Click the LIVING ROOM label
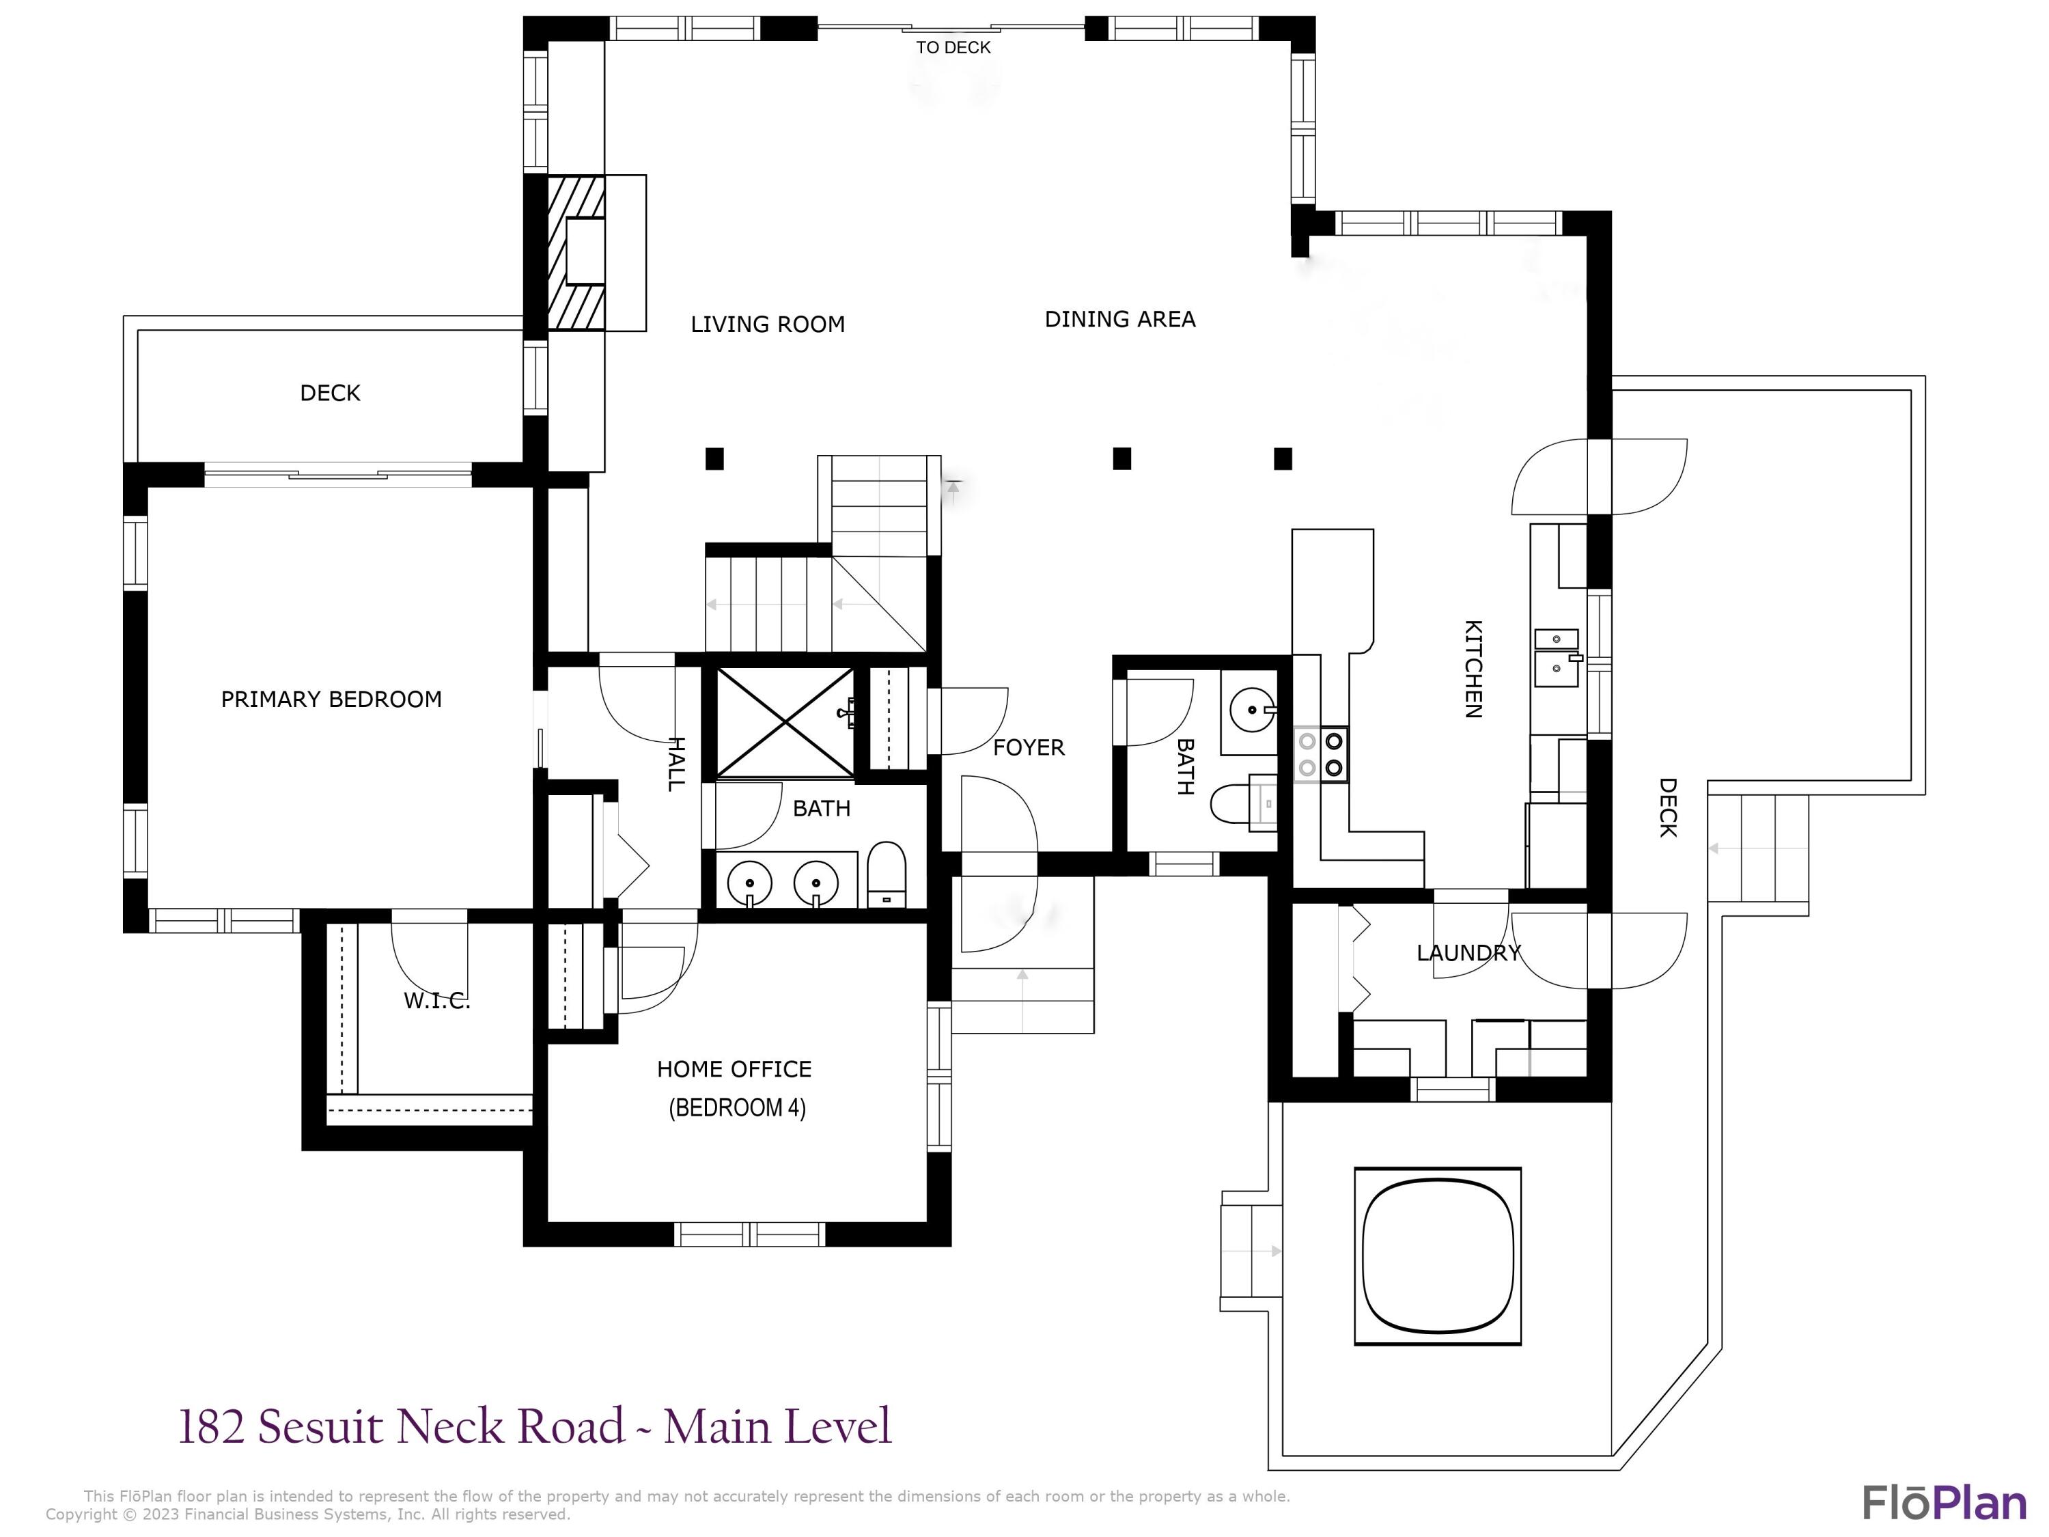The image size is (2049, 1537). click(768, 324)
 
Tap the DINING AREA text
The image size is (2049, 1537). click(1120, 320)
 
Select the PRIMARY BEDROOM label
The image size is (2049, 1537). click(331, 700)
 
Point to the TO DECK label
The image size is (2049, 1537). click(953, 47)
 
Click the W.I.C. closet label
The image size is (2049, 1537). click(436, 1001)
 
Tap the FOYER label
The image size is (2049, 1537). click(1028, 747)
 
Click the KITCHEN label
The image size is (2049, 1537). click(1473, 669)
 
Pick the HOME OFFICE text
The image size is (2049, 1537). click(734, 1069)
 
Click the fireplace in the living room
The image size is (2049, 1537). click(577, 252)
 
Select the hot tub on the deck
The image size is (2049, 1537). click(1438, 1256)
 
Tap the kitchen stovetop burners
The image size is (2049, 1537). click(1321, 754)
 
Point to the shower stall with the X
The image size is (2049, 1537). click(785, 722)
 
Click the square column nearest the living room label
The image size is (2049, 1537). click(714, 458)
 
